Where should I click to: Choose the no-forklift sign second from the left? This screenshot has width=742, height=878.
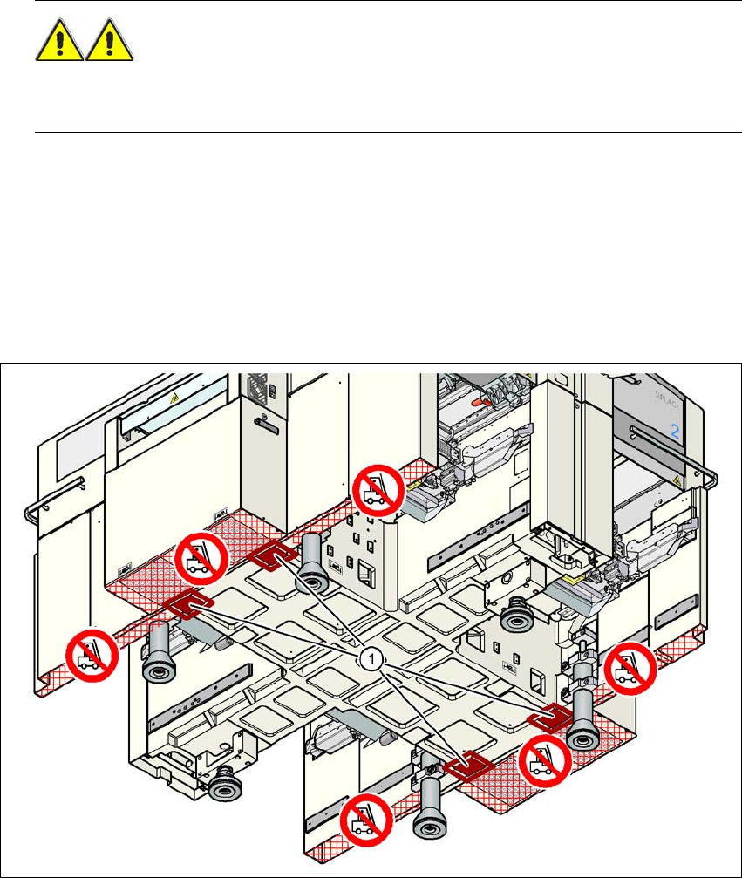pyautogui.click(x=201, y=559)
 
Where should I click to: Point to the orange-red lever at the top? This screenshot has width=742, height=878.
pyautogui.click(x=477, y=404)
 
